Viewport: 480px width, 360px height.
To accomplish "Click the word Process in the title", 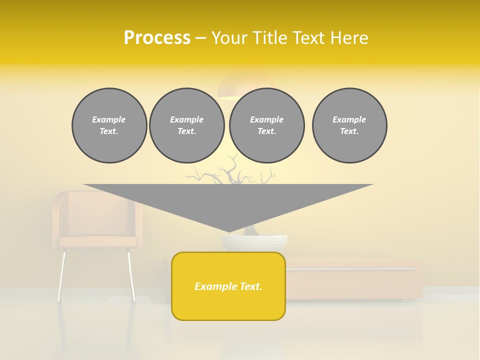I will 157,38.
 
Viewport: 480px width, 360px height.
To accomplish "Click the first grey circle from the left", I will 109,125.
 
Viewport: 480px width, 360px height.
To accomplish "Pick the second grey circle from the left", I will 187,125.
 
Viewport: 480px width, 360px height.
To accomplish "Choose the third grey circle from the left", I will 267,125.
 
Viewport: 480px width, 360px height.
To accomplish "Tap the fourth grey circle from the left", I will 349,125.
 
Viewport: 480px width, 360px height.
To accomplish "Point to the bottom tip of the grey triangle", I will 228,231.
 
